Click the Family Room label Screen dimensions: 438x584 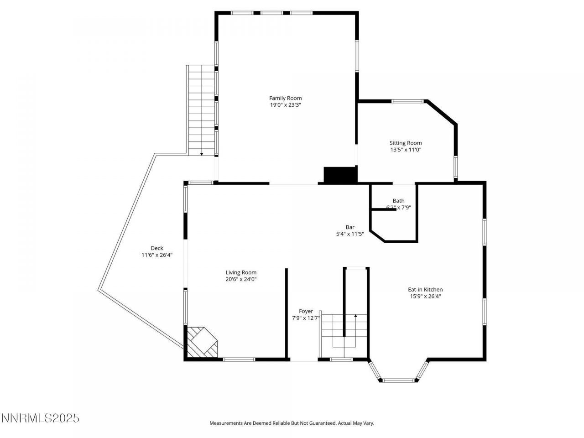point(285,98)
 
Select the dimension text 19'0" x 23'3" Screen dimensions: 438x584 point(285,105)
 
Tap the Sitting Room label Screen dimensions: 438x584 point(405,143)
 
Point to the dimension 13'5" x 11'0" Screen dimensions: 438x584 point(405,150)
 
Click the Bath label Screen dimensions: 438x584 point(398,201)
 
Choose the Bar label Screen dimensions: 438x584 point(349,227)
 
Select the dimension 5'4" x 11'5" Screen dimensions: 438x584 point(349,234)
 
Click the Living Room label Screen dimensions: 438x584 point(241,272)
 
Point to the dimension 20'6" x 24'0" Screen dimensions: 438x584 point(241,279)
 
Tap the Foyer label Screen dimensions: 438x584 point(306,311)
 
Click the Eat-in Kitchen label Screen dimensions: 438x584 point(425,289)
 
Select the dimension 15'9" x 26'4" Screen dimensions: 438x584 point(425,296)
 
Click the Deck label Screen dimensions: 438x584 point(156,248)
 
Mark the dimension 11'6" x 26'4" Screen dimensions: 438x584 point(156,255)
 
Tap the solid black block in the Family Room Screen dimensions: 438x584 point(340,175)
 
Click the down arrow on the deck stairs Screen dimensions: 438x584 point(202,154)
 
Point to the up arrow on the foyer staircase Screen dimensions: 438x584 point(355,315)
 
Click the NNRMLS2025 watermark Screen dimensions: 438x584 point(40,418)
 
